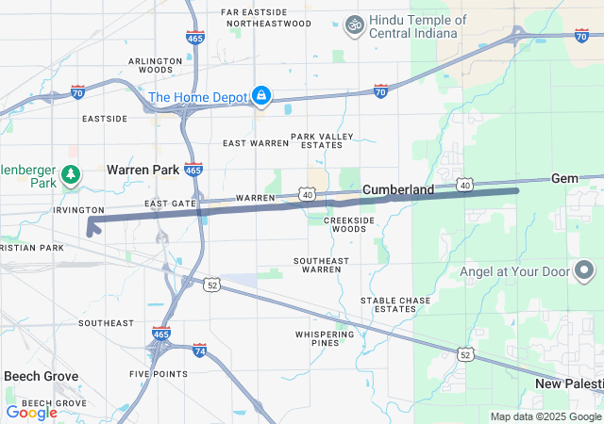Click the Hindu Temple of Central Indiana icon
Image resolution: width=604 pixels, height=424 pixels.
pyautogui.click(x=355, y=23)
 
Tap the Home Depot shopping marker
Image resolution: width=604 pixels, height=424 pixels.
pyautogui.click(x=260, y=96)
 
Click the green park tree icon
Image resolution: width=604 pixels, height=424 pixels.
pyautogui.click(x=70, y=174)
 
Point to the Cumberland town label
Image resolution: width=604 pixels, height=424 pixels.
pyautogui.click(x=398, y=189)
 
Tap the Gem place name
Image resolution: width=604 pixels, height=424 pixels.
pyautogui.click(x=564, y=178)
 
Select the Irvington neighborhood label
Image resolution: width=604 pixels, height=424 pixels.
pyautogui.click(x=78, y=209)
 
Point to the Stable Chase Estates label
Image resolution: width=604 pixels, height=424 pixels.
pyautogui.click(x=395, y=305)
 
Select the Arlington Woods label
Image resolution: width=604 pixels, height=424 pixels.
pyautogui.click(x=156, y=65)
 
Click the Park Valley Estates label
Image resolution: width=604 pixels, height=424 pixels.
pyautogui.click(x=322, y=140)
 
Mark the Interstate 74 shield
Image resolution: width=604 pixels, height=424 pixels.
pyautogui.click(x=199, y=350)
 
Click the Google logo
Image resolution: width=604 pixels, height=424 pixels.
pyautogui.click(x=31, y=412)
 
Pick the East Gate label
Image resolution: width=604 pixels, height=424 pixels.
pyautogui.click(x=171, y=204)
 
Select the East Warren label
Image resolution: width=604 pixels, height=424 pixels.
pyautogui.click(x=255, y=143)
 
